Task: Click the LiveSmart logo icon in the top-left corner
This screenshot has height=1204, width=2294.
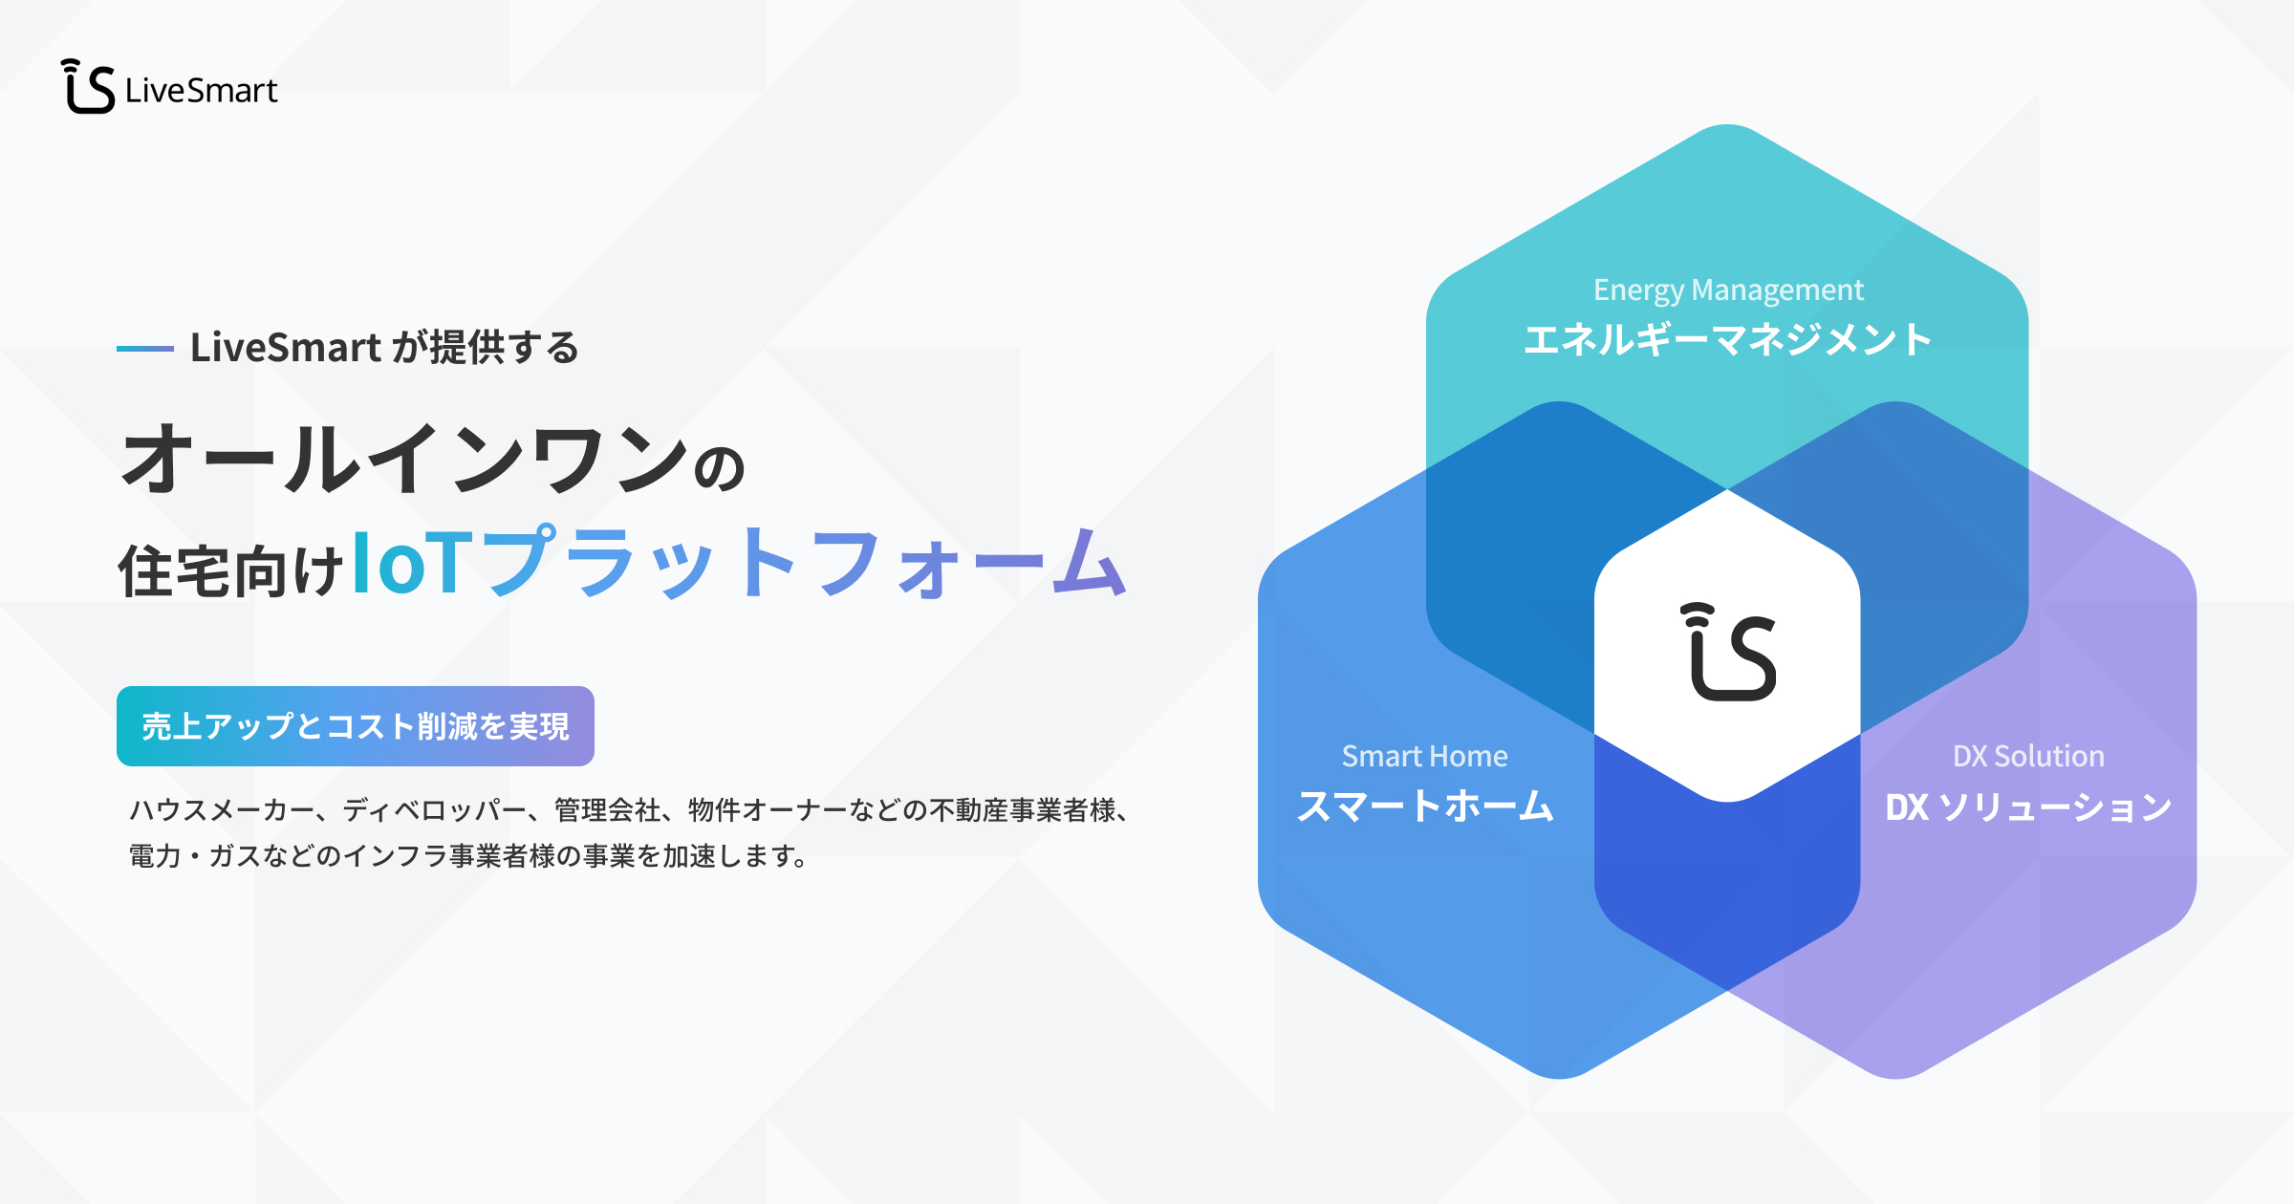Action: point(89,87)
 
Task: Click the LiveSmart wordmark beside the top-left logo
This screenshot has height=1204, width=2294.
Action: point(202,91)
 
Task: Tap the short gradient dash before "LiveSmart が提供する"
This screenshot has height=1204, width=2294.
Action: point(144,349)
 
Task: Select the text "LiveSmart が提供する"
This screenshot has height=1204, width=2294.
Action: point(384,347)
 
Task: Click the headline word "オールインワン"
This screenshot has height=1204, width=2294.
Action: point(404,459)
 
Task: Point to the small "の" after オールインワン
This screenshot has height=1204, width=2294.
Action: point(719,469)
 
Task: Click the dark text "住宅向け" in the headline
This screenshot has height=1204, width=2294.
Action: point(230,570)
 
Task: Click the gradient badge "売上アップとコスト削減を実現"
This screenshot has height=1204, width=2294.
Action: point(356,726)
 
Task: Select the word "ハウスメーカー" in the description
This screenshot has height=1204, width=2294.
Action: point(222,810)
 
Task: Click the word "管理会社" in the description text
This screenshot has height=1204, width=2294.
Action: point(607,810)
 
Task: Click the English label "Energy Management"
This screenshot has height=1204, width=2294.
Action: point(1728,290)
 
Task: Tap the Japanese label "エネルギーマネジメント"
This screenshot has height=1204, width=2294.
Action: point(1728,340)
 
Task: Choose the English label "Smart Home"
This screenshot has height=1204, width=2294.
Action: point(1425,757)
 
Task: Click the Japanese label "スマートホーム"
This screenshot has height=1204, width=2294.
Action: point(1425,806)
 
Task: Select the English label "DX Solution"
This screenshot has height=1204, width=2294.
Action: point(2029,757)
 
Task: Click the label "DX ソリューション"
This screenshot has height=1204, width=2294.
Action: point(2029,807)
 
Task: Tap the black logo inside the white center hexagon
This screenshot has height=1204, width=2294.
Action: point(1728,652)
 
